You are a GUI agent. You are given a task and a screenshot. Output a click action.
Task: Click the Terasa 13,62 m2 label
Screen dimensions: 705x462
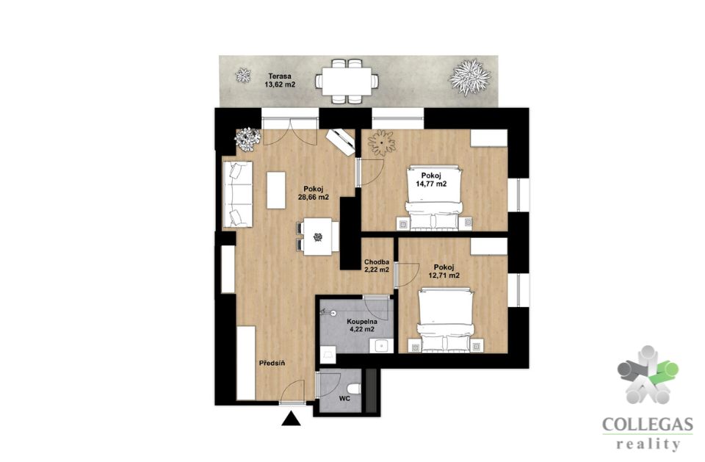[280, 80]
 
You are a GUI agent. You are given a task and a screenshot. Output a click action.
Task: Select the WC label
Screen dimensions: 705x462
[344, 399]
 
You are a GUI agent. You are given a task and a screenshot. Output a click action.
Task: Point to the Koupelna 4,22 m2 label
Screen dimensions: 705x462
[362, 325]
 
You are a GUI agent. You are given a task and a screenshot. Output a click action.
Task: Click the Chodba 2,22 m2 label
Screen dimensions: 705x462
[377, 266]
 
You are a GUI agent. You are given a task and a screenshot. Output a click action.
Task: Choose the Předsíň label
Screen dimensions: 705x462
[272, 363]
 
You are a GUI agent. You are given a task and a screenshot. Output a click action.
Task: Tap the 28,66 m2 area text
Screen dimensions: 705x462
[314, 197]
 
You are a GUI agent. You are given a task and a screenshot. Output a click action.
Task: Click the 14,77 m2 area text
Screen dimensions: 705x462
[431, 184]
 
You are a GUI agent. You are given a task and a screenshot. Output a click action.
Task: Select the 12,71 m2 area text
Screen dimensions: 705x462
[444, 275]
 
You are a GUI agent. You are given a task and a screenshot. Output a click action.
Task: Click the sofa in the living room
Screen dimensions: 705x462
[237, 194]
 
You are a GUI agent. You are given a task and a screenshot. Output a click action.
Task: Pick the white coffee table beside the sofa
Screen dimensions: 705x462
[276, 190]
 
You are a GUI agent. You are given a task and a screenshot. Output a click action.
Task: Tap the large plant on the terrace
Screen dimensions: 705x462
[469, 77]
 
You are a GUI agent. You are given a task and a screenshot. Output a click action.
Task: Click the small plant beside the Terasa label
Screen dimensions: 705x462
[243, 75]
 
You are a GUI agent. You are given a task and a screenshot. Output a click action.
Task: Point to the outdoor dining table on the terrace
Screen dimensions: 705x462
[346, 81]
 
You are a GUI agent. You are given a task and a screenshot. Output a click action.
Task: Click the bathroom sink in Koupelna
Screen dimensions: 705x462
[381, 345]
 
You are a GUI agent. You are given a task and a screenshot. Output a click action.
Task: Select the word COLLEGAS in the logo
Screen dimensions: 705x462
[647, 425]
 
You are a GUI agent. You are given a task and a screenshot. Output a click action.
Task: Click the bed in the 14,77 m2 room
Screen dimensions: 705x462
[434, 198]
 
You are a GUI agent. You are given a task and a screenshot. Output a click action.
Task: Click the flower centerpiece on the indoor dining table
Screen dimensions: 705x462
[318, 237]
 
